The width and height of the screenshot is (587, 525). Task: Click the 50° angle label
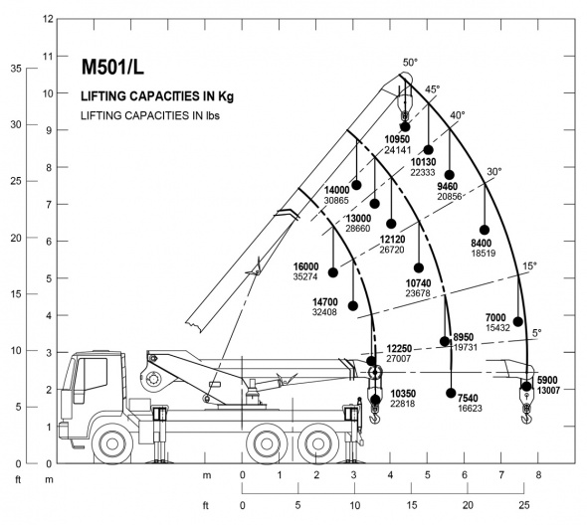click(410, 63)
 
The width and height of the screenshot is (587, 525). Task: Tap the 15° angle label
click(529, 266)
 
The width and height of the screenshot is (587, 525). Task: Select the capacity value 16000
click(305, 266)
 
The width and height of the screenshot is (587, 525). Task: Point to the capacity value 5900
click(548, 380)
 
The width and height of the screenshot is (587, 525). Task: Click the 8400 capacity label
click(482, 243)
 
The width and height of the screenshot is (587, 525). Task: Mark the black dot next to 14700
click(357, 303)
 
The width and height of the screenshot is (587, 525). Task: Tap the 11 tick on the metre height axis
click(49, 55)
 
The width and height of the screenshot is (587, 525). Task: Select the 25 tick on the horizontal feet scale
click(523, 505)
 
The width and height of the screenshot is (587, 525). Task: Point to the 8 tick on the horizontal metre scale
click(538, 474)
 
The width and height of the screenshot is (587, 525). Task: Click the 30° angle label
click(494, 172)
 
